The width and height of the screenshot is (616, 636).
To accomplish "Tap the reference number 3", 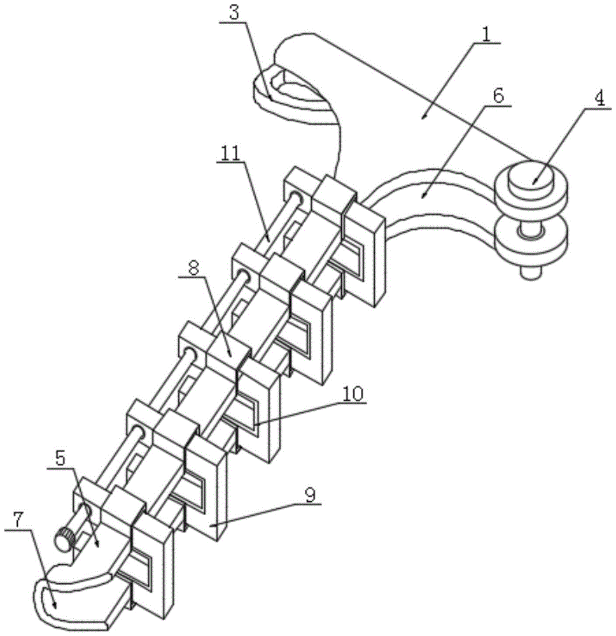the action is point(234,13).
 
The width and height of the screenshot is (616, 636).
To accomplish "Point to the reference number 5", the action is point(60,459).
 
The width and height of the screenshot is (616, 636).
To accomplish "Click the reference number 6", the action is point(498,96).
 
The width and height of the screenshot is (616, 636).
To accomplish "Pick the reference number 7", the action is point(17,521).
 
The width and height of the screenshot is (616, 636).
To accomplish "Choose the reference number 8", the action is point(193,268).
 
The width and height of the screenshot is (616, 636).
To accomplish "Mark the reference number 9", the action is point(310,495).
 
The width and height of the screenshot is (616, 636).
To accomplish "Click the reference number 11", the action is point(231,153).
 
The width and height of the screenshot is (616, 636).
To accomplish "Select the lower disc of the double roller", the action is point(530,239).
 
